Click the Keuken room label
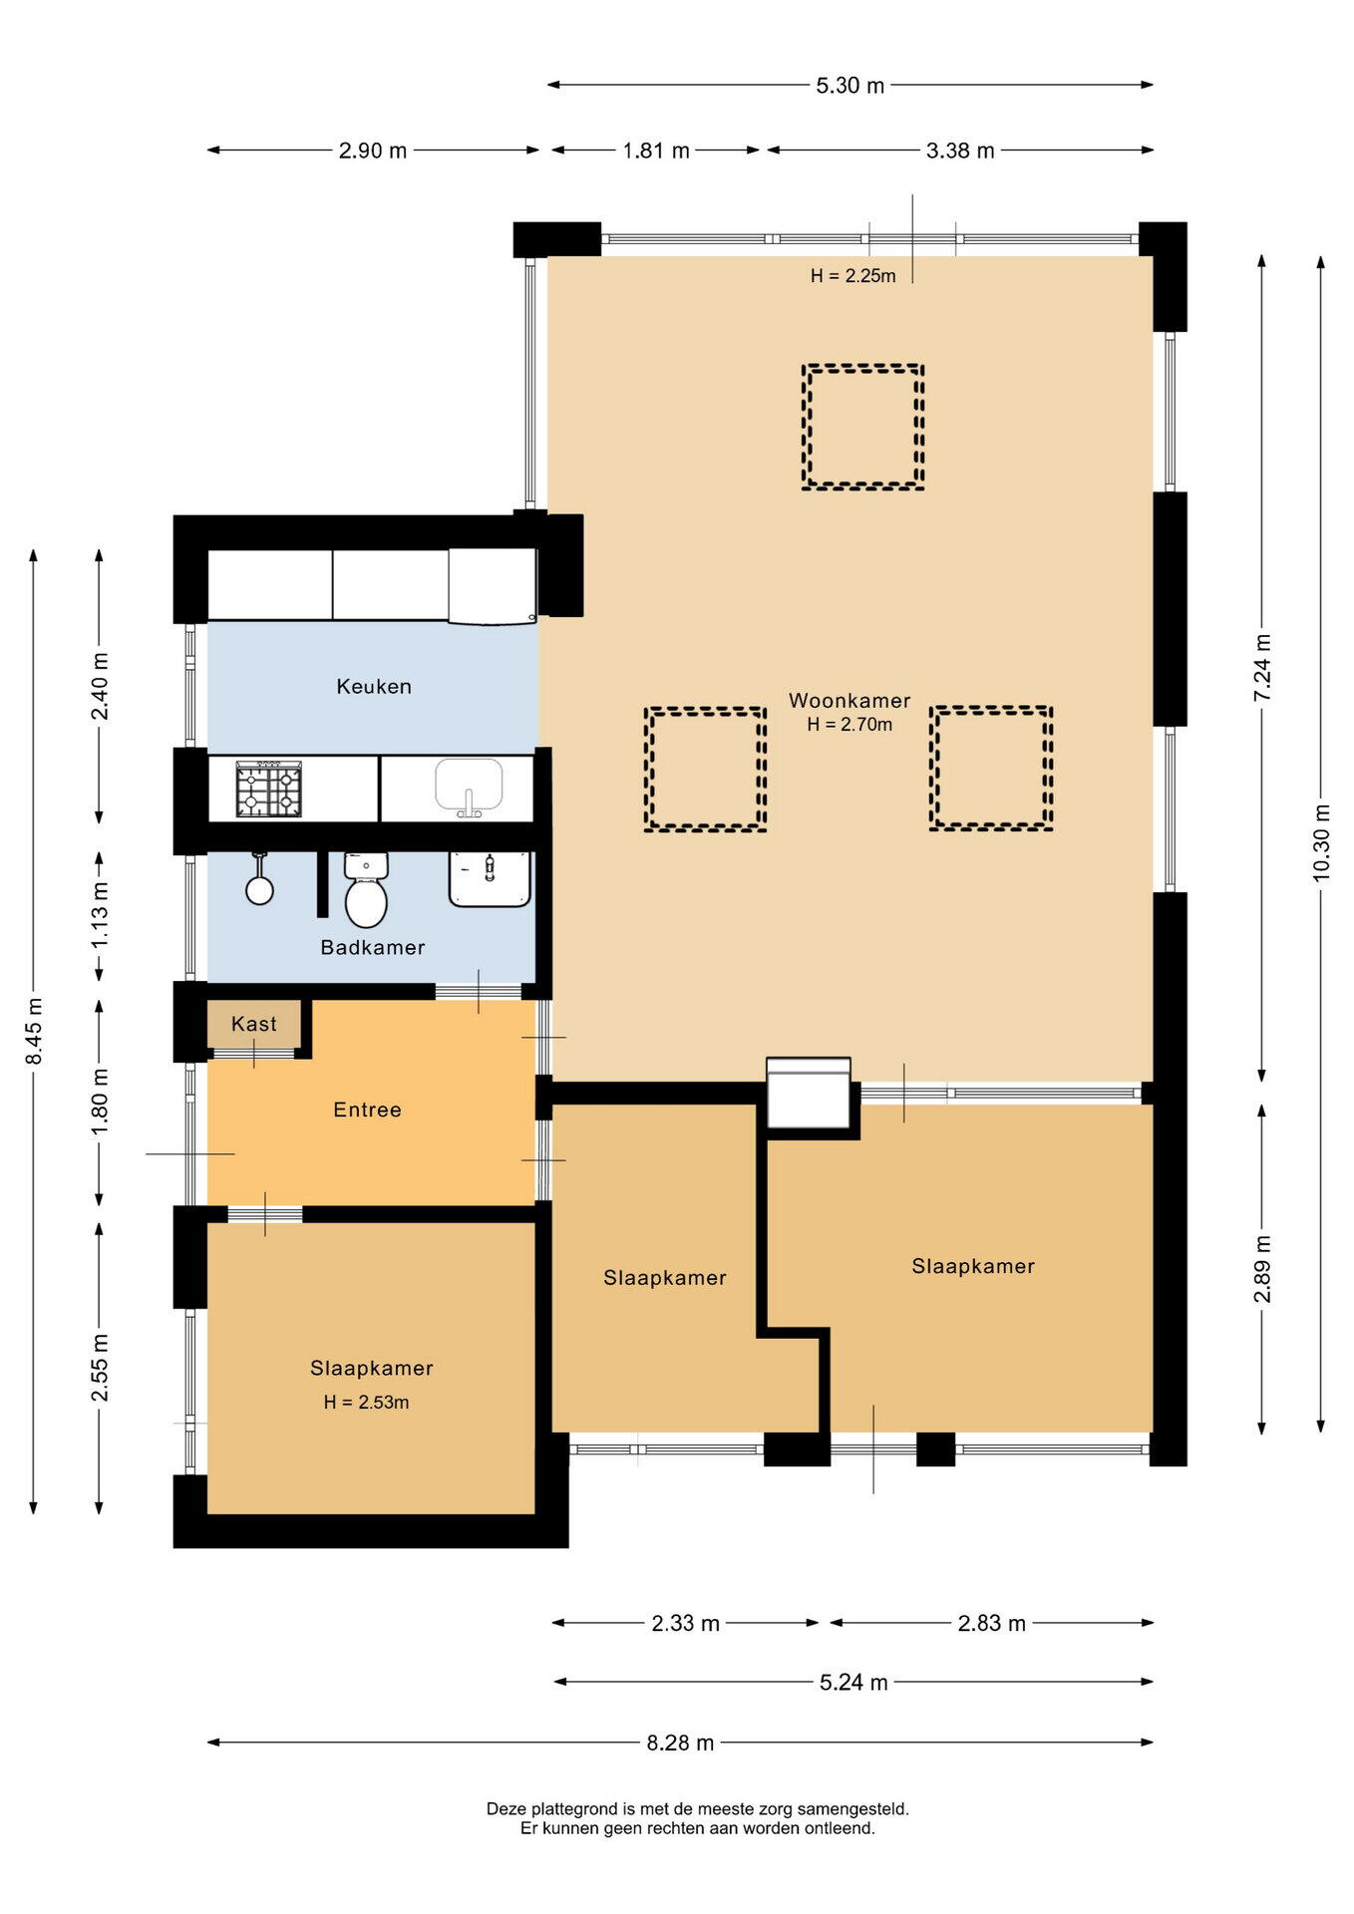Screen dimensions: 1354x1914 [374, 686]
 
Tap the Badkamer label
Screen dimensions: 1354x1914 [373, 947]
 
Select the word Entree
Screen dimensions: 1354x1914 [367, 1110]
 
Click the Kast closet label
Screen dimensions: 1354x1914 [254, 1024]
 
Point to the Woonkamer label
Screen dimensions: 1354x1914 [849, 701]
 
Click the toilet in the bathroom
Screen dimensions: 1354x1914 [366, 889]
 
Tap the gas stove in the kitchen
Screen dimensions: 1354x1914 [268, 790]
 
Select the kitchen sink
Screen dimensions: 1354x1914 [469, 788]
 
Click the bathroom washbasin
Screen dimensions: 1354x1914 [490, 878]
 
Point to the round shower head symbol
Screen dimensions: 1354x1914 [259, 889]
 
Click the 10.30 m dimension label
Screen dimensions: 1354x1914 [1321, 842]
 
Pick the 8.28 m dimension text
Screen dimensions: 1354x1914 [680, 1743]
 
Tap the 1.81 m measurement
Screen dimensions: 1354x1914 [656, 151]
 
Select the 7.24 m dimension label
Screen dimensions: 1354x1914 [1262, 668]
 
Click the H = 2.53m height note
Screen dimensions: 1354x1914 [366, 1403]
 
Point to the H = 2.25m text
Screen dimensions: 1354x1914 [852, 276]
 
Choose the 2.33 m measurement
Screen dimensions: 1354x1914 [685, 1623]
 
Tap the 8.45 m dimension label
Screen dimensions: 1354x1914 [34, 1031]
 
